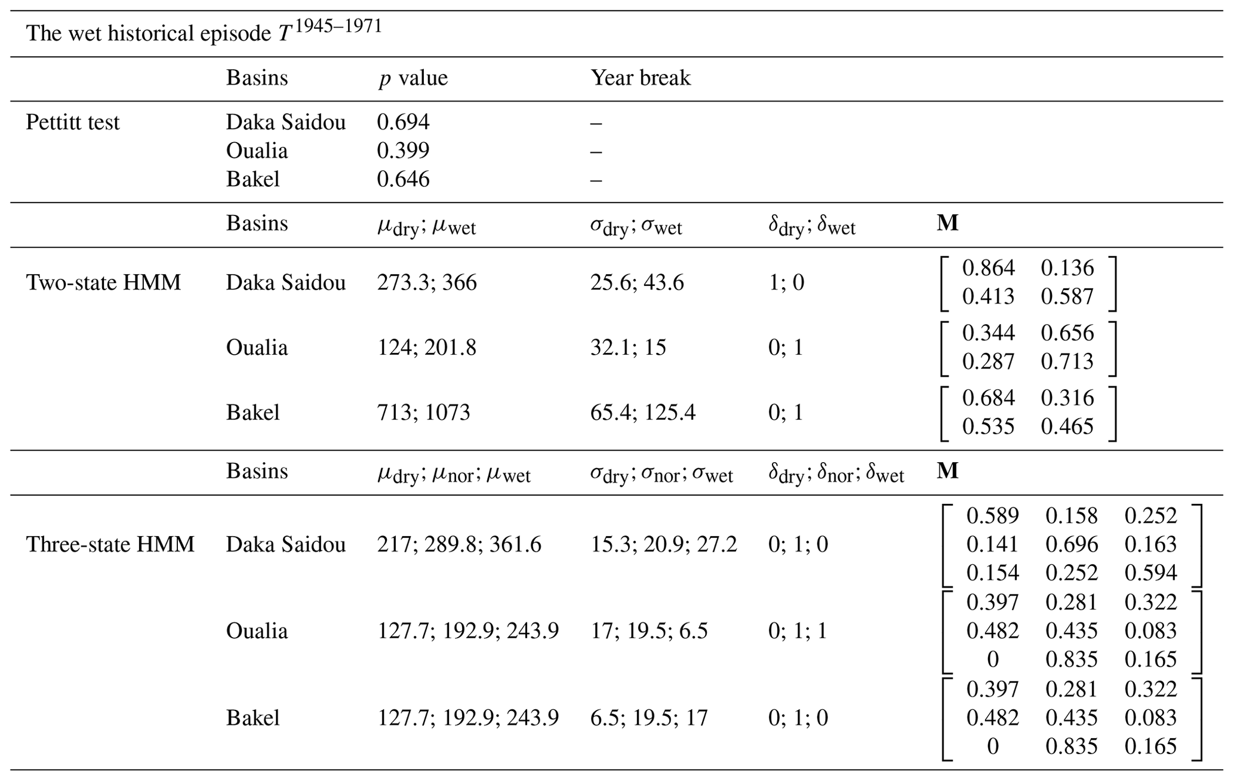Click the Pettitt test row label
[73, 122]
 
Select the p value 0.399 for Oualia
[403, 150]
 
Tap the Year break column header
[641, 78]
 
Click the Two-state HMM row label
[103, 282]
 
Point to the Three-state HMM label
[110, 545]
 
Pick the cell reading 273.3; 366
[427, 282]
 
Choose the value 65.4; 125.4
[643, 413]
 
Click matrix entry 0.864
[989, 268]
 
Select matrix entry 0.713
[1067, 361]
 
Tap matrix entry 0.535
[989, 426]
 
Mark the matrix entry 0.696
[1072, 545]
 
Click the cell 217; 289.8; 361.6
[459, 545]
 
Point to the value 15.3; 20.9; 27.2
[664, 545]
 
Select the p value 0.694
[403, 122]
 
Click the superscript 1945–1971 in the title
[338, 26]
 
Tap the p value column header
[413, 78]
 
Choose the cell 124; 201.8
[427, 348]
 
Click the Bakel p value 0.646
[403, 179]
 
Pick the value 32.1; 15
[628, 348]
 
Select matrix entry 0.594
[1150, 573]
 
